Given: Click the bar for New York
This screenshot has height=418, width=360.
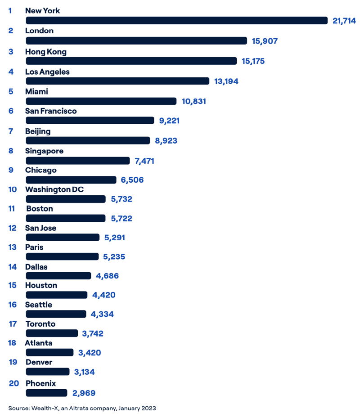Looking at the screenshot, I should point(176,21).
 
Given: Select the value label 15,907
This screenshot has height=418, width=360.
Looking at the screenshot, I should point(265,41).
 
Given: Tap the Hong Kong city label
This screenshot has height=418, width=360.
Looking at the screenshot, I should point(46,52).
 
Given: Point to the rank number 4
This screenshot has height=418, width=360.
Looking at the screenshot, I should point(11,72).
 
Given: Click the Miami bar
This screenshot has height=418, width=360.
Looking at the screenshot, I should point(101,101).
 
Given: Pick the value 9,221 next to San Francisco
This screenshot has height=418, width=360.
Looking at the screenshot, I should point(169,121).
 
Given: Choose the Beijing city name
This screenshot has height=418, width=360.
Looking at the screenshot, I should point(38,131).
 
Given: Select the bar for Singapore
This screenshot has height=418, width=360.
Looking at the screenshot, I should point(78,161).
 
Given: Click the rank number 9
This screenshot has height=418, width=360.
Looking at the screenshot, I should point(11,170).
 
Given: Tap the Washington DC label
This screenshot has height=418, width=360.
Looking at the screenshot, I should point(54,189).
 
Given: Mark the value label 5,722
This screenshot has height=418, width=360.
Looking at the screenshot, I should point(121,218).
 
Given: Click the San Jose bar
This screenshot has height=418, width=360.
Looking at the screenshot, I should point(63,237).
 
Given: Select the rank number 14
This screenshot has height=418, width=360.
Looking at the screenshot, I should point(13,267).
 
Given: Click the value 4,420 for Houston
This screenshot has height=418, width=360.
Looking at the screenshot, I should point(103,295).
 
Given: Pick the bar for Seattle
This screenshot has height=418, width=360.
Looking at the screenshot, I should point(56,314).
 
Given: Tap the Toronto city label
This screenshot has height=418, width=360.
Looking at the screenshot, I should point(40,324).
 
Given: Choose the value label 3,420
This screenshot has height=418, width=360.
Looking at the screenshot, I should point(90,352).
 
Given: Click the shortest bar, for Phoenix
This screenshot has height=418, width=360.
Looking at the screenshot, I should point(46,393).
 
